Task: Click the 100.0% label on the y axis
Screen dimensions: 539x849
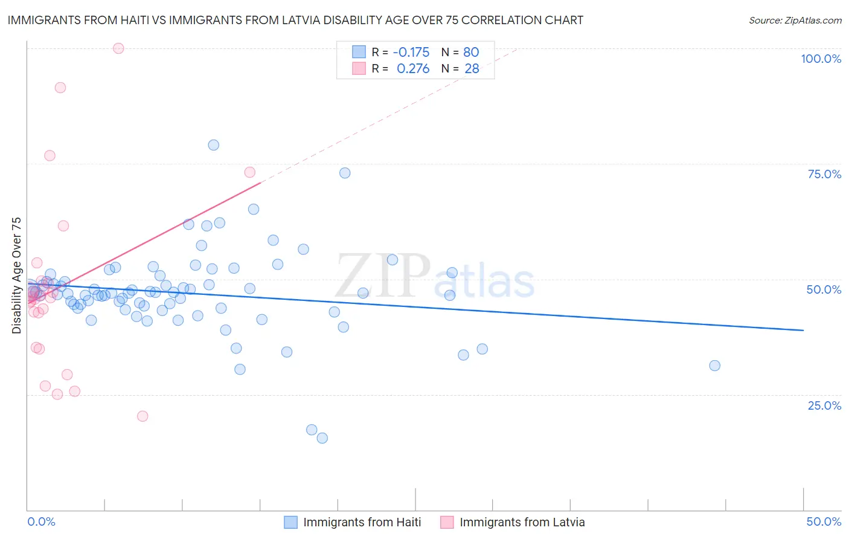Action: [821, 59]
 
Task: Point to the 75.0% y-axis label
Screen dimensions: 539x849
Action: [824, 174]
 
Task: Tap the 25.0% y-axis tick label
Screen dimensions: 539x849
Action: [824, 405]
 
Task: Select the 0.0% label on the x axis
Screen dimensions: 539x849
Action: [41, 521]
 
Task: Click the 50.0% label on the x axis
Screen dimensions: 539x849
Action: [824, 521]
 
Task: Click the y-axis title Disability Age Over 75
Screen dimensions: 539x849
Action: [16, 275]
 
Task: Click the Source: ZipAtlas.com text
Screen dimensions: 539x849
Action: [795, 21]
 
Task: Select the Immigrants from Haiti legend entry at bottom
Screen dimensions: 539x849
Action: [362, 522]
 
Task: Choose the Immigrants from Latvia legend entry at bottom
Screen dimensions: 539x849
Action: [522, 522]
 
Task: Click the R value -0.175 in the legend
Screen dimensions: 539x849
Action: [411, 53]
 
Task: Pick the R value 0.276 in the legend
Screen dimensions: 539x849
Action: [413, 69]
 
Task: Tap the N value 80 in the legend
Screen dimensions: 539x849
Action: [471, 53]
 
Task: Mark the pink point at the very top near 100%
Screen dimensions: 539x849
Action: [118, 48]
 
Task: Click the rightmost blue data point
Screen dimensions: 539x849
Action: [714, 366]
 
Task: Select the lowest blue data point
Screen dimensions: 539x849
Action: [322, 438]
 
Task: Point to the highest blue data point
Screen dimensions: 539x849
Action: [213, 145]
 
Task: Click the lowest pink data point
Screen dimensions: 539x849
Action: [143, 416]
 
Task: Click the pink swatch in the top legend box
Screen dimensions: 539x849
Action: [359, 68]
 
